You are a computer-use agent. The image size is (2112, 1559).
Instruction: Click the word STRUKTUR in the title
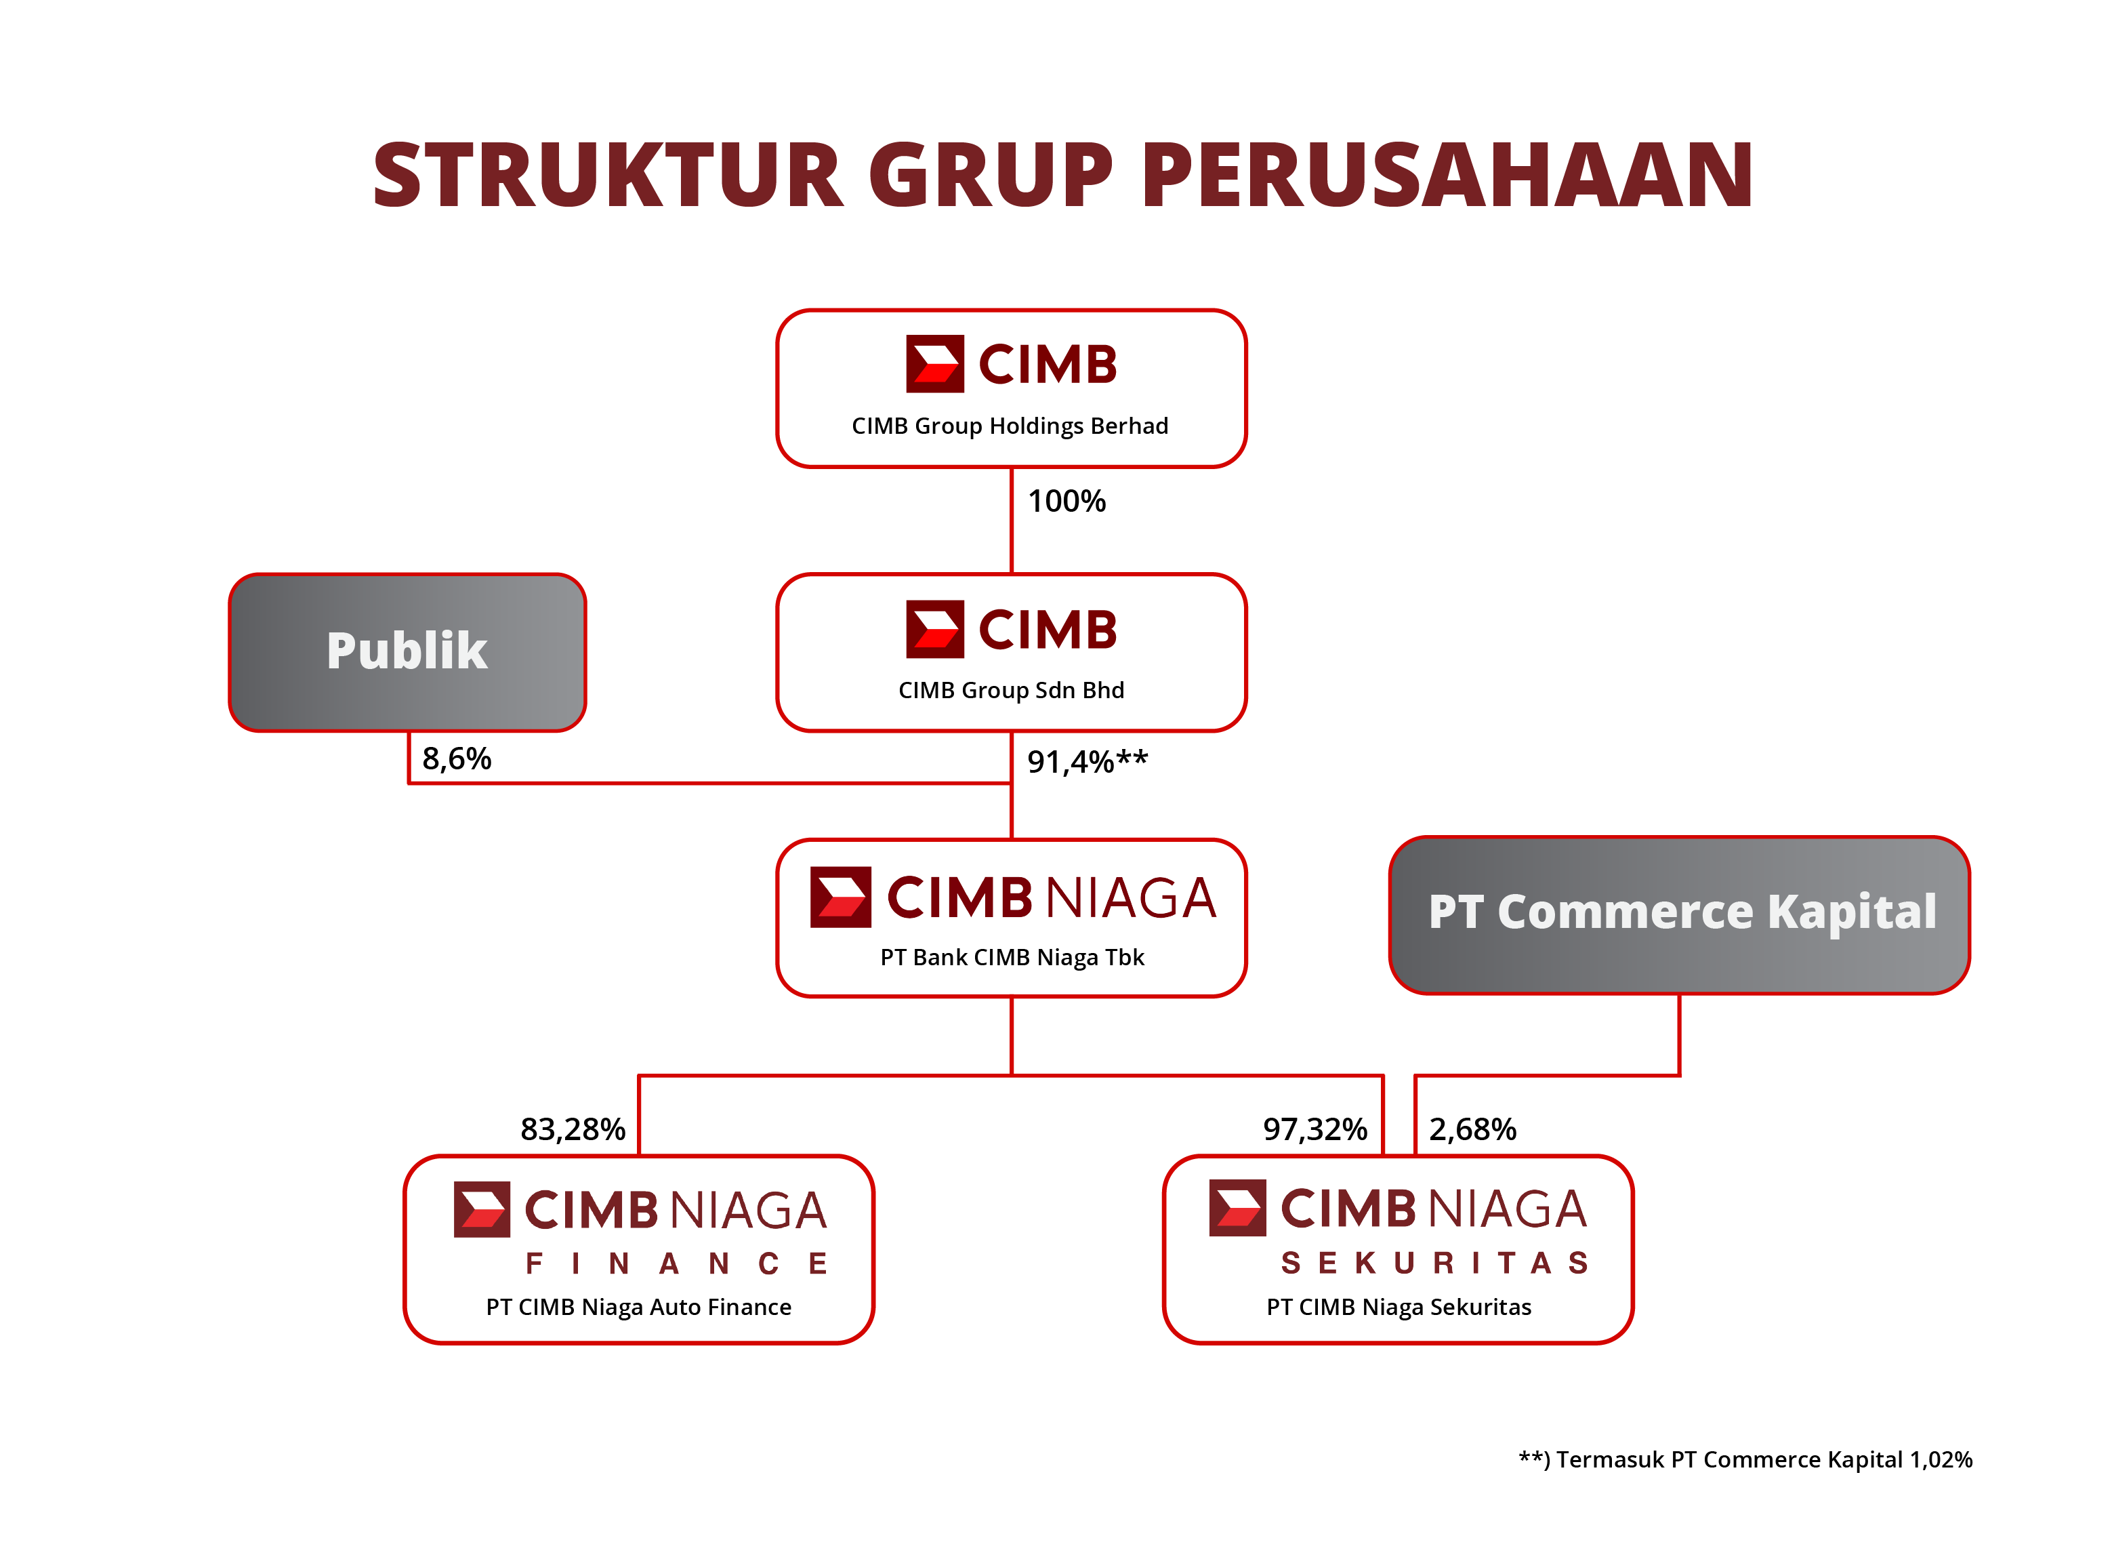(608, 175)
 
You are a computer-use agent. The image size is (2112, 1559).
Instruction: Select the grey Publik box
(407, 651)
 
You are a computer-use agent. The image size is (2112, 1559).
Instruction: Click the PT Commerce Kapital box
(1679, 914)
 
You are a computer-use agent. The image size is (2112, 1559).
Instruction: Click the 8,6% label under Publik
(457, 758)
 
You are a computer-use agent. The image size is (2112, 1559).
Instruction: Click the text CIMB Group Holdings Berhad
(1010, 426)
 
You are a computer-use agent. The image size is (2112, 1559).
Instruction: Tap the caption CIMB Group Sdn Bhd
(1010, 691)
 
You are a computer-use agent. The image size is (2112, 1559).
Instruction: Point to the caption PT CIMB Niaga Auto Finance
(638, 1307)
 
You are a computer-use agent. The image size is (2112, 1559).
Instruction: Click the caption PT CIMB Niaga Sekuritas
(1398, 1307)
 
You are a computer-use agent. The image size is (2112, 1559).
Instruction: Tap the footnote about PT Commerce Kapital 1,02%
(1744, 1460)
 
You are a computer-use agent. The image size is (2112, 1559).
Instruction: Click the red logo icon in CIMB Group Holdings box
(935, 363)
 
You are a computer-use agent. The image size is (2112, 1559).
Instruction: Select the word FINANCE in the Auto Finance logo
(676, 1263)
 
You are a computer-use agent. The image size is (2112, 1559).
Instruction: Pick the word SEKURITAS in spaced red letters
(1434, 1263)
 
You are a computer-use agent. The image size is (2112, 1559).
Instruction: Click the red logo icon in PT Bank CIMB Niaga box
(840, 897)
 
